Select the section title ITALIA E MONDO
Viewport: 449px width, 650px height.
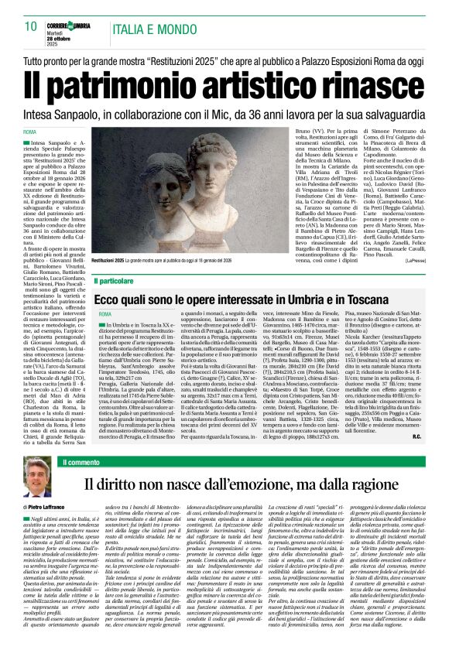[x=156, y=29]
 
